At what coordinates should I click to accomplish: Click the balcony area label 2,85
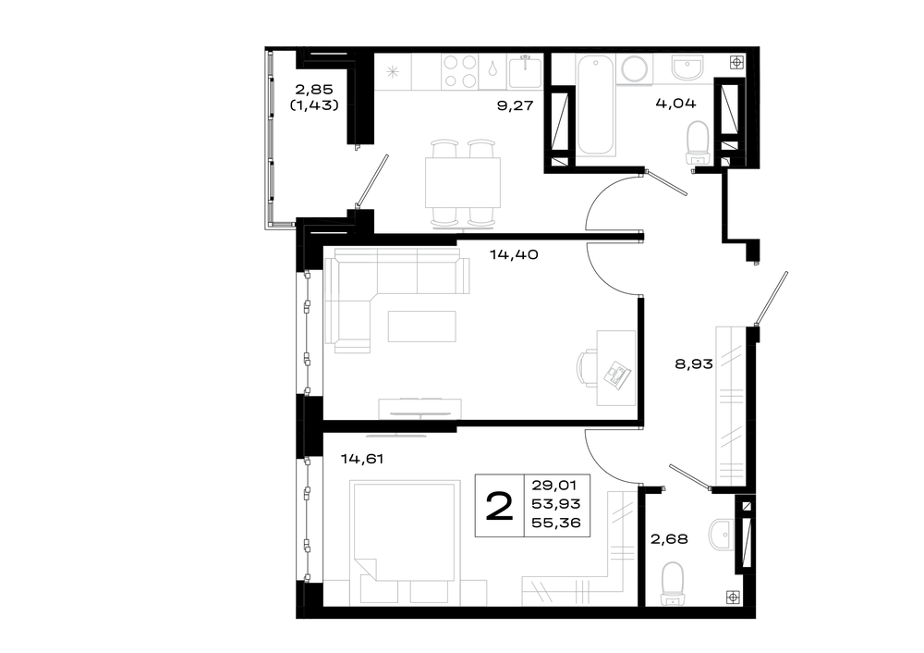[x=314, y=90]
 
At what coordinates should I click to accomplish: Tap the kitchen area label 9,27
[x=515, y=105]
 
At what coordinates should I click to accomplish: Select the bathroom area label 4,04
[x=676, y=104]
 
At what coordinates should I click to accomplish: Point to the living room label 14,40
[x=514, y=255]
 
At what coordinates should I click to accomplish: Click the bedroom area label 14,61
[x=362, y=459]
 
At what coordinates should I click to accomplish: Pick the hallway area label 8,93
[x=694, y=364]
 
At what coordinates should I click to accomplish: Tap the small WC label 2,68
[x=669, y=538]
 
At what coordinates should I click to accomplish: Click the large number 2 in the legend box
[x=499, y=507]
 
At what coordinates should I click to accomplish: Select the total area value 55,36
[x=556, y=523]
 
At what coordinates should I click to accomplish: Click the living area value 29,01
[x=553, y=486]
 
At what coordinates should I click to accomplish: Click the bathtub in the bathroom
[x=596, y=106]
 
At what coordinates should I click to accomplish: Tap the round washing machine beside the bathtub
[x=635, y=69]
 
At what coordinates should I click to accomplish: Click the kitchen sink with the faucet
[x=526, y=71]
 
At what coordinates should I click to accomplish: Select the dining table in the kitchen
[x=463, y=182]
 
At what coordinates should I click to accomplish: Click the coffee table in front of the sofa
[x=422, y=326]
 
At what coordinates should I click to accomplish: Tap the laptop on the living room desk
[x=617, y=374]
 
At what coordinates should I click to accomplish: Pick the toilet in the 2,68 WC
[x=673, y=584]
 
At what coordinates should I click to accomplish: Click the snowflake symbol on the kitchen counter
[x=393, y=72]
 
